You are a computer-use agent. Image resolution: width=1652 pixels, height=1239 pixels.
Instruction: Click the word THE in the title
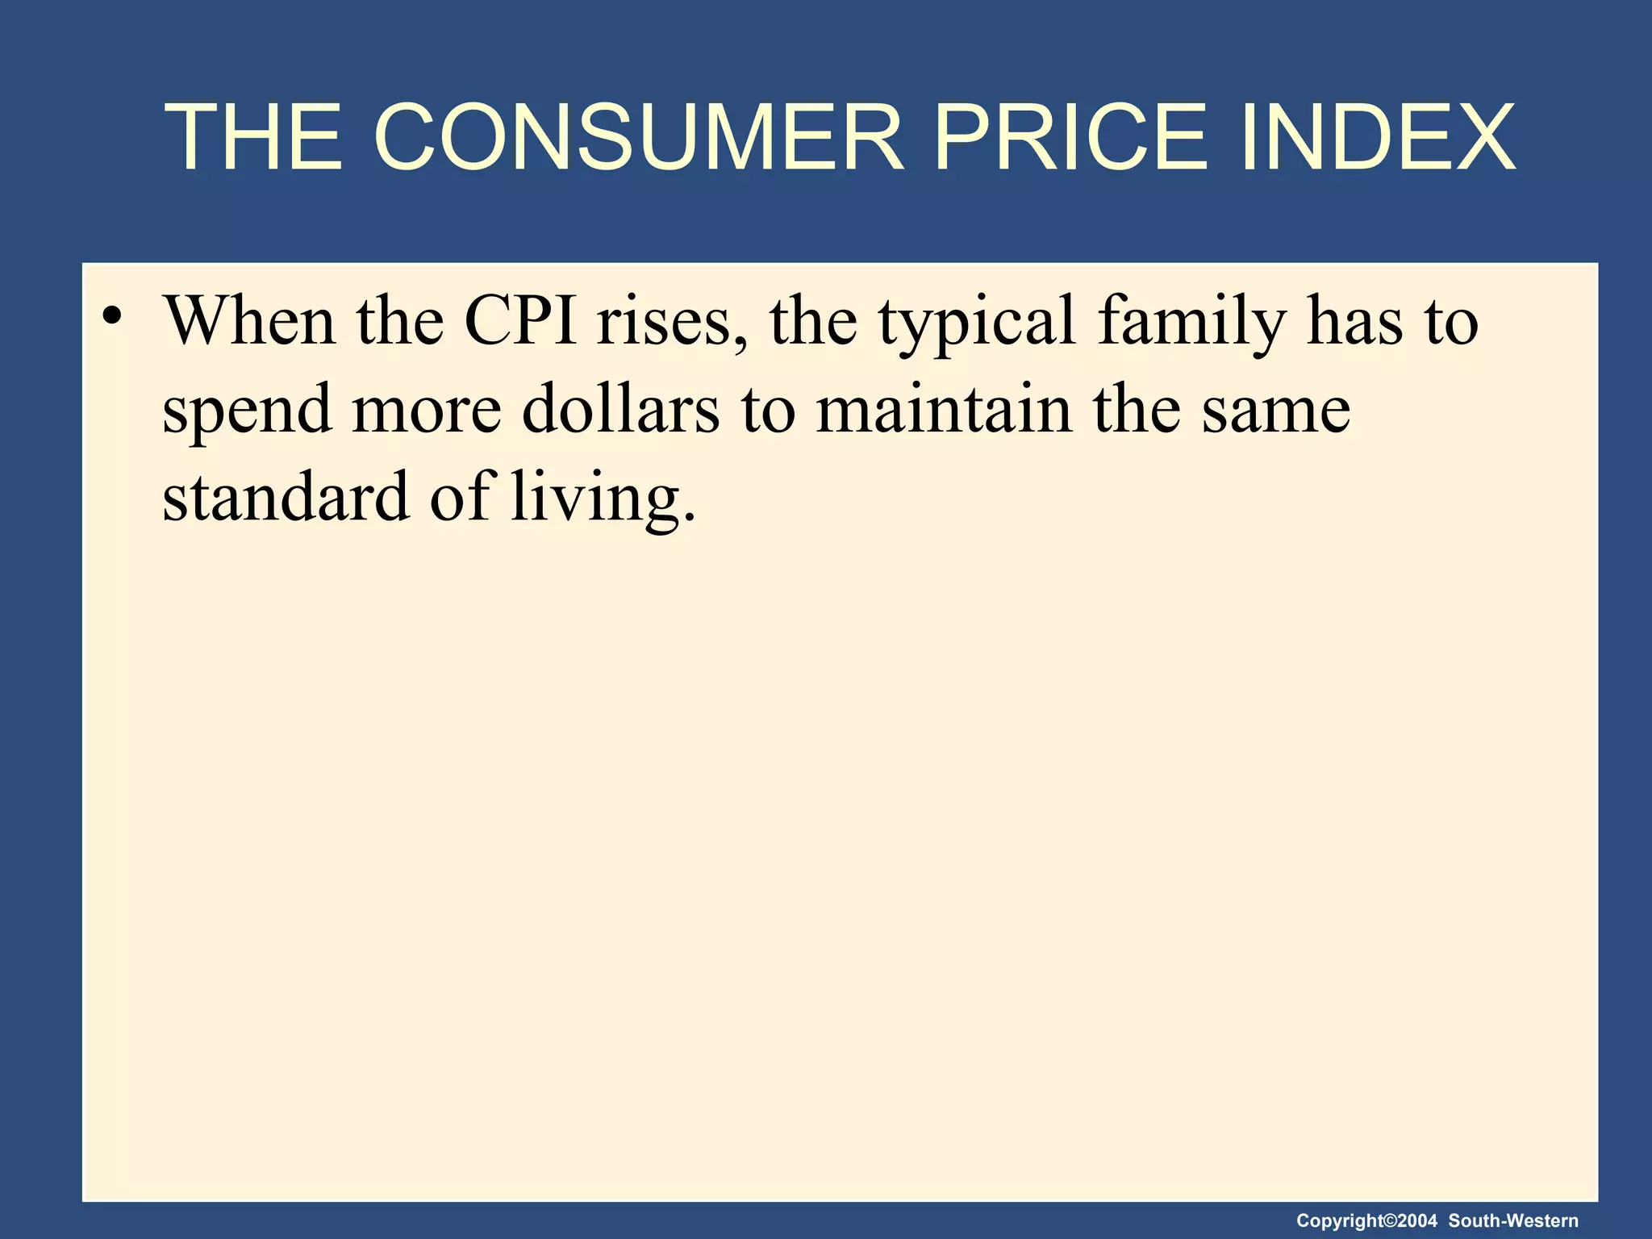[x=254, y=137]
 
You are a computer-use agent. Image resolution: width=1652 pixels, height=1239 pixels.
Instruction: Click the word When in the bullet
[x=250, y=321]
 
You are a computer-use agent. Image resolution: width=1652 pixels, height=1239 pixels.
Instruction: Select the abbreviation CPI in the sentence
[x=520, y=321]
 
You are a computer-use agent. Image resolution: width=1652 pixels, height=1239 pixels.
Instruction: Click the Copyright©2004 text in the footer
[x=1366, y=1221]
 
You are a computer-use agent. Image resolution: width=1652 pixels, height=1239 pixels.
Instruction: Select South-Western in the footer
[x=1513, y=1221]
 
